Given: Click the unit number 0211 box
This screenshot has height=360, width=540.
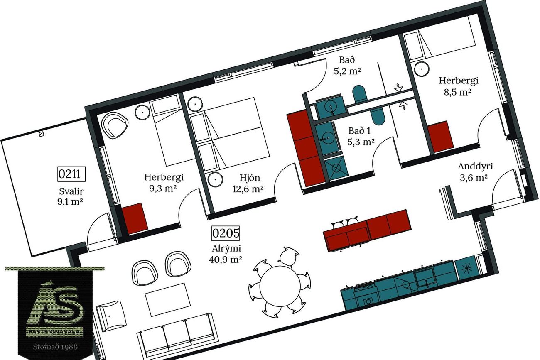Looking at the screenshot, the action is [x=71, y=174].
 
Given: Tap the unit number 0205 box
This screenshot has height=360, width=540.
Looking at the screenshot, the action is [x=226, y=233].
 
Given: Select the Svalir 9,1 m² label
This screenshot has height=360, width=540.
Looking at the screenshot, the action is [x=71, y=196].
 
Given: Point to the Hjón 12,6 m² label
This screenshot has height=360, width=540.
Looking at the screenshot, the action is [x=248, y=184].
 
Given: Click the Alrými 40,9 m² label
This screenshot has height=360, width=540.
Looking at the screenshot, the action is [x=226, y=253].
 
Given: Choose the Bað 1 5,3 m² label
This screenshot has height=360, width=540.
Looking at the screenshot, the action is [x=361, y=136].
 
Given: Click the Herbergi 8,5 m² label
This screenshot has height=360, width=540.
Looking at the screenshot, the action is [x=458, y=86].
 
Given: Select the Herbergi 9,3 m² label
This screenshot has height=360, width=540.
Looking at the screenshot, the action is [x=164, y=182].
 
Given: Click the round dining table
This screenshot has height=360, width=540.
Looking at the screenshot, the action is [x=280, y=286].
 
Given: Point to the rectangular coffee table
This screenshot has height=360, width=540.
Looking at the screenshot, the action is [x=168, y=299].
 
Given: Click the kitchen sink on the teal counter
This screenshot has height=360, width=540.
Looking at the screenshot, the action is [x=425, y=278].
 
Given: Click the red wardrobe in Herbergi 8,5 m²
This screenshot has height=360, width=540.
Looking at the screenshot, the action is [x=440, y=137].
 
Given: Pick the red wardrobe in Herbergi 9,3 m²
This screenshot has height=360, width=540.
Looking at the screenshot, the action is [x=135, y=218].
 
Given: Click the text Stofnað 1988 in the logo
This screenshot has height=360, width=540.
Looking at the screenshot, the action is [x=55, y=347].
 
